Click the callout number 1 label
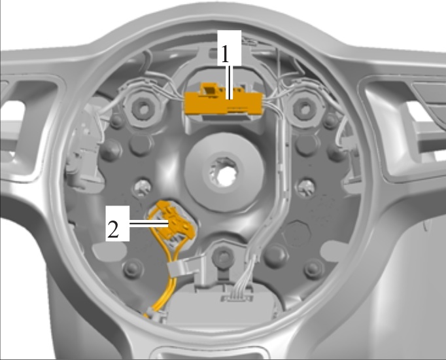point(225,54)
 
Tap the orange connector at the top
point(224,100)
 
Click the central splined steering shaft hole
point(224,173)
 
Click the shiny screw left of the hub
point(141,188)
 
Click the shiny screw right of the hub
point(305,188)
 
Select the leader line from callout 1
point(230,82)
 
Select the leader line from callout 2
point(149,224)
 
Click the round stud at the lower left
point(133,268)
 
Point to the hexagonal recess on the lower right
point(296,234)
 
